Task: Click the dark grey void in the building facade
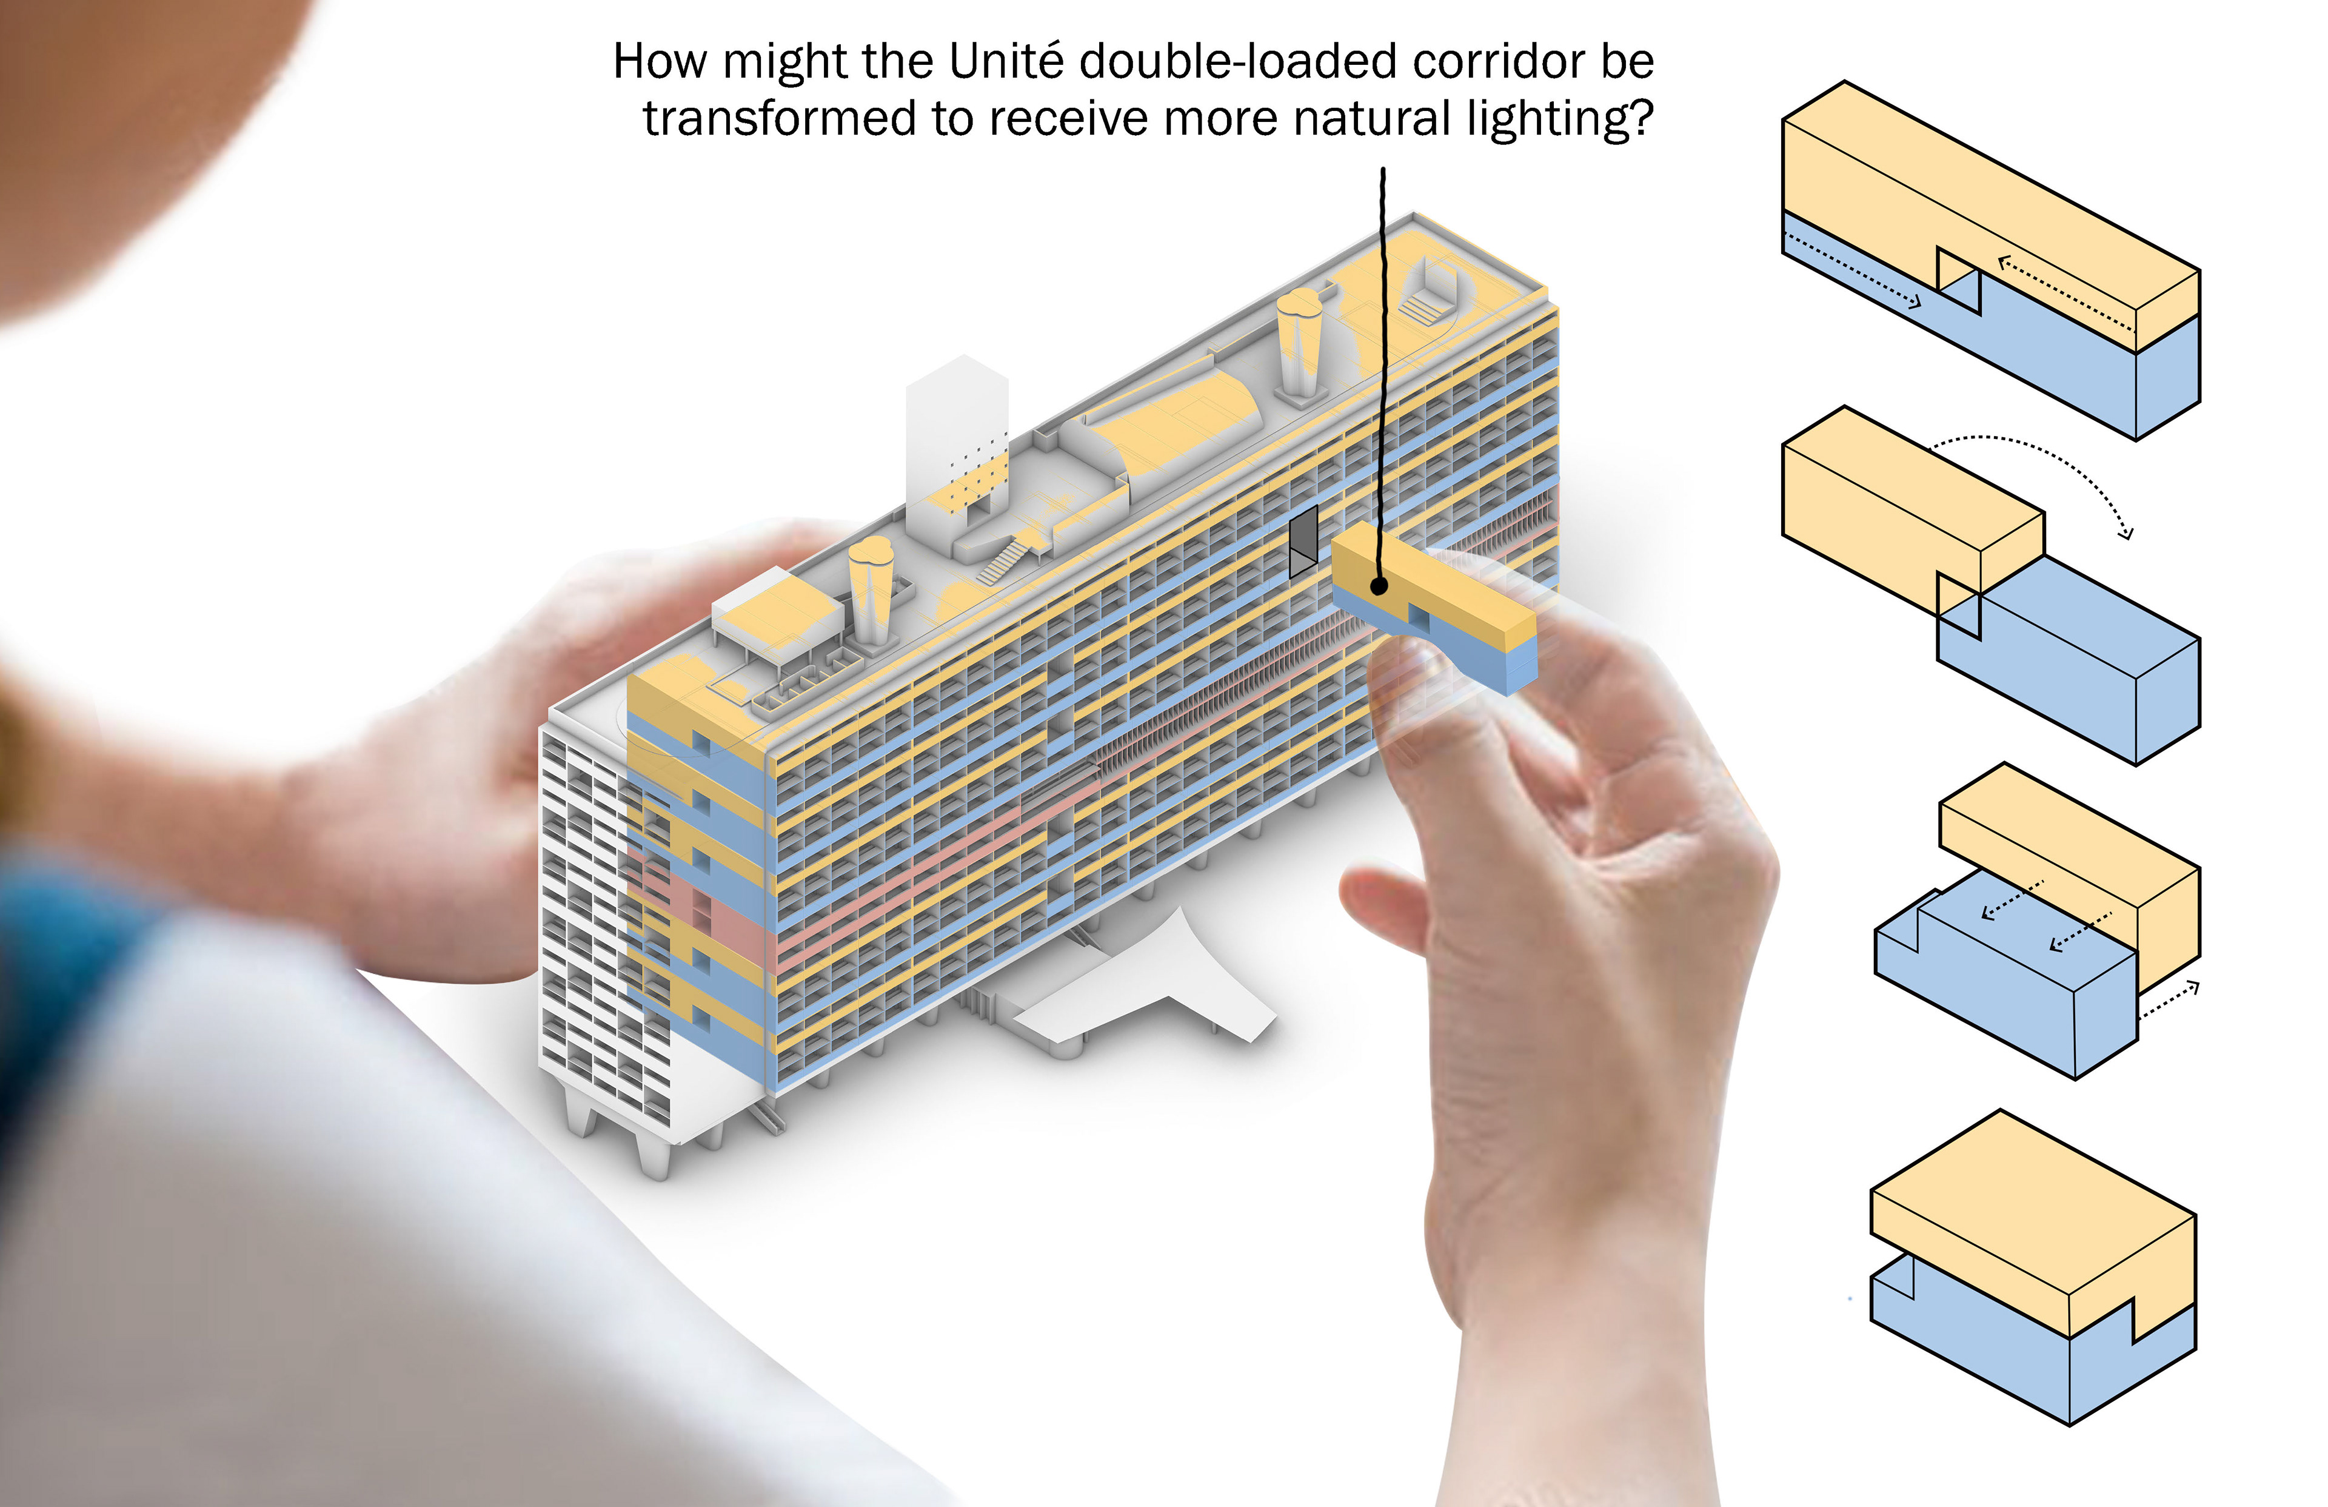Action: tap(1303, 540)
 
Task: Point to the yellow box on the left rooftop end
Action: tap(778, 612)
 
